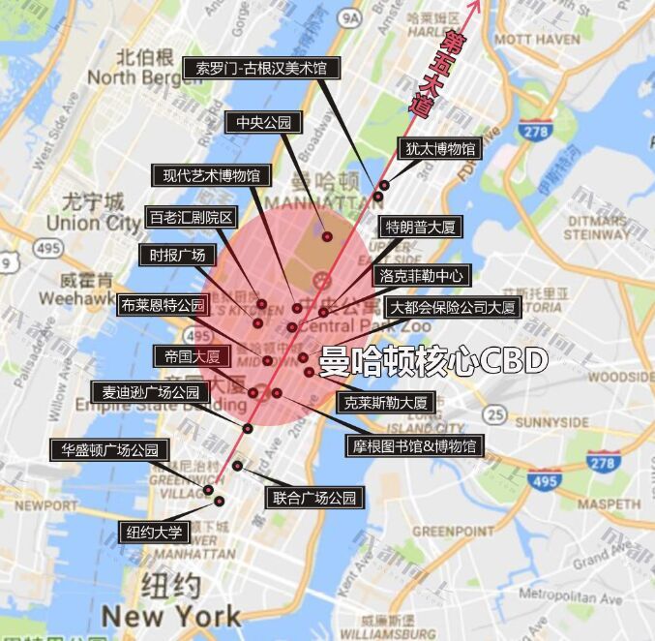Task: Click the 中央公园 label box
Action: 264,123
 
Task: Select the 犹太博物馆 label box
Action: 439,149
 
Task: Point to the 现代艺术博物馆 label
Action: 212,175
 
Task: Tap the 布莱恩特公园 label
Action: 163,305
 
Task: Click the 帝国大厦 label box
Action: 193,356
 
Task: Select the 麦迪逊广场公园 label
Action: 151,392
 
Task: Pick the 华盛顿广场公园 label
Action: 110,450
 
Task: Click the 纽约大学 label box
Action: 153,532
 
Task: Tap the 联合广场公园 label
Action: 314,499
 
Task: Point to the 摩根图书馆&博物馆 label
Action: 413,445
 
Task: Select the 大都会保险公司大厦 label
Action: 453,308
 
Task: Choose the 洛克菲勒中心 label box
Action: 422,275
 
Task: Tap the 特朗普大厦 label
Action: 420,228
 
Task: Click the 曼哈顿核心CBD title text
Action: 433,360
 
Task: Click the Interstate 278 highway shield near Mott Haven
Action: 532,130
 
